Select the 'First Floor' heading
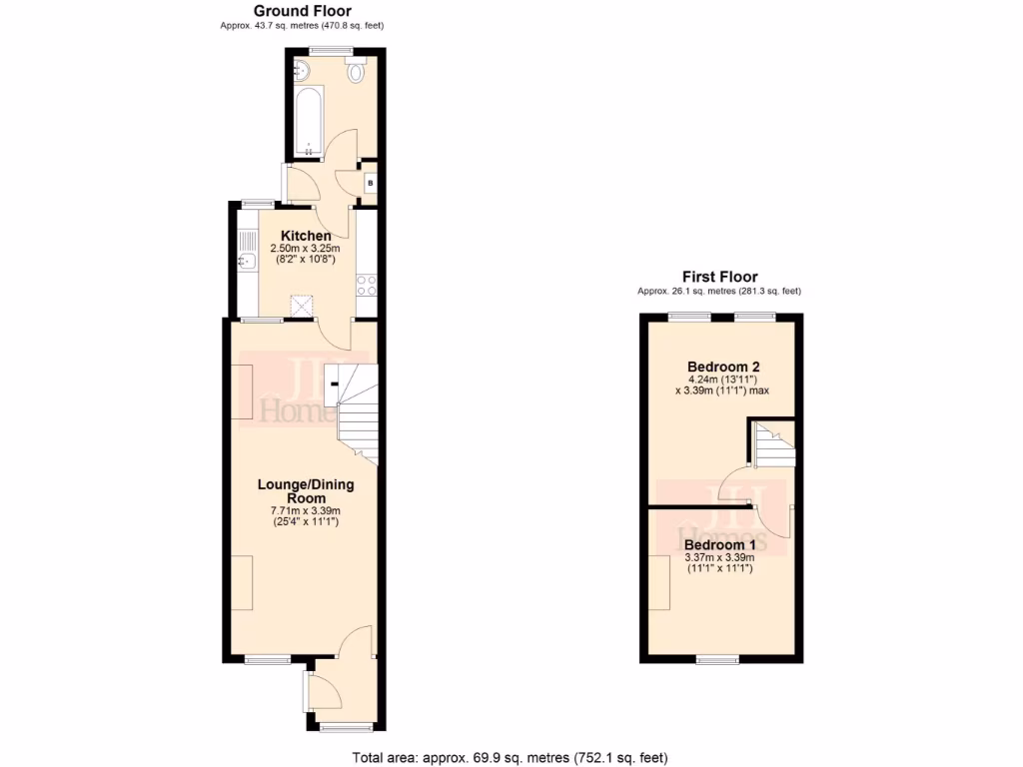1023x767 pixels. pyautogui.click(x=719, y=277)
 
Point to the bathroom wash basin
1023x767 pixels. pyautogui.click(x=303, y=70)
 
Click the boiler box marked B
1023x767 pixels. pyautogui.click(x=370, y=183)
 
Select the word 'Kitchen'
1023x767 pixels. pyautogui.click(x=306, y=236)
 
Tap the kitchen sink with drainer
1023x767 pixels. pyautogui.click(x=247, y=254)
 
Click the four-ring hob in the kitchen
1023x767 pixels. pyautogui.click(x=367, y=285)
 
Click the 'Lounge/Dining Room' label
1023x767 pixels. pyautogui.click(x=306, y=490)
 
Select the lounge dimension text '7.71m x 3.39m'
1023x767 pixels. pyautogui.click(x=306, y=510)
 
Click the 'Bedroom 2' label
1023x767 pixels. pyautogui.click(x=719, y=367)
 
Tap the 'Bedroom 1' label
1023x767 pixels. pyautogui.click(x=719, y=544)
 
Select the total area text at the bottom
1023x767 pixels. pyautogui.click(x=511, y=756)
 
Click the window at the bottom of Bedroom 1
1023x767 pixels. pyautogui.click(x=717, y=658)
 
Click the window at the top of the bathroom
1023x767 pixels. pyautogui.click(x=327, y=49)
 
